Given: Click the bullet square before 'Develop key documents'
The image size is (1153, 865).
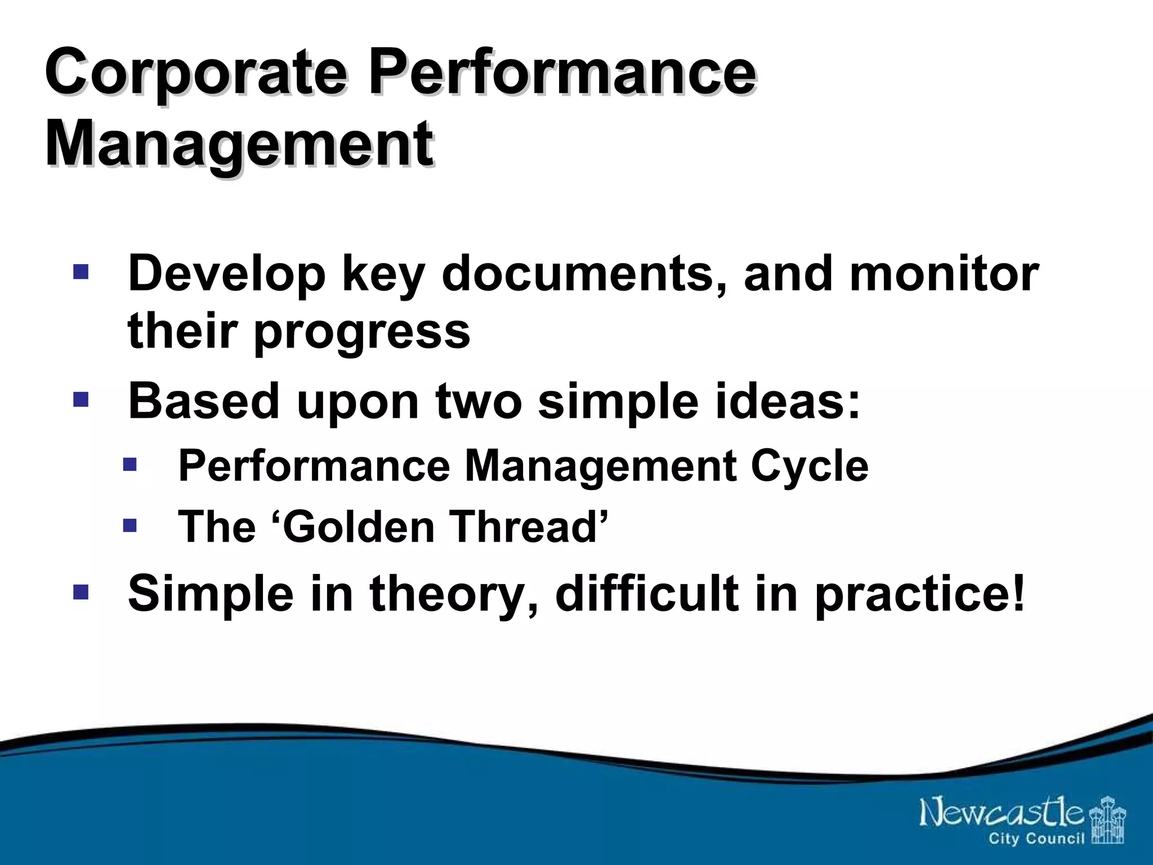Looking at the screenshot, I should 81,273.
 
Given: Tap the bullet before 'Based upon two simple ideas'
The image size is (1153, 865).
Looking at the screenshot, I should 81,400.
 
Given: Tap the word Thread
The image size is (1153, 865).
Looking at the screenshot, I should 524,527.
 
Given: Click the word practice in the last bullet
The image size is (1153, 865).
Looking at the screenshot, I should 912,595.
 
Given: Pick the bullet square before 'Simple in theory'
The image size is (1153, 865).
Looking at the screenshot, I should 81,592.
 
